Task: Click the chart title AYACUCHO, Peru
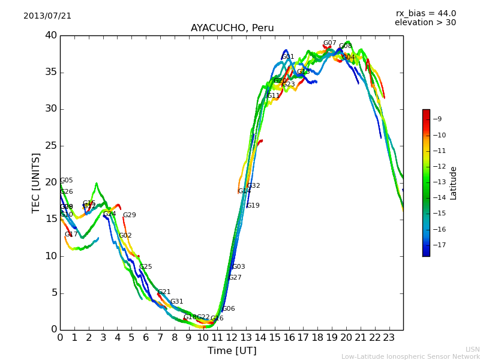pyautogui.click(x=232, y=28)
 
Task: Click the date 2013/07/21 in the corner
pyautogui.click(x=47, y=16)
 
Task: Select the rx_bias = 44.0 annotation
pyautogui.click(x=425, y=13)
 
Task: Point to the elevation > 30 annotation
pyautogui.click(x=425, y=23)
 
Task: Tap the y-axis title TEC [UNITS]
pyautogui.click(x=36, y=182)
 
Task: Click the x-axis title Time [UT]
pyautogui.click(x=232, y=350)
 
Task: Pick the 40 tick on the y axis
pyautogui.click(x=51, y=35)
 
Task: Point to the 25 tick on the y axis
pyautogui.click(x=51, y=146)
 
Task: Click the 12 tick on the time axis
pyautogui.click(x=232, y=337)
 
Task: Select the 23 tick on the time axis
pyautogui.click(x=389, y=337)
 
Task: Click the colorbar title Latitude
pyautogui.click(x=454, y=183)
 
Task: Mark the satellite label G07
pyautogui.click(x=329, y=43)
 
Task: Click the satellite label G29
pyautogui.click(x=129, y=215)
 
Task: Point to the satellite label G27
pyautogui.click(x=235, y=278)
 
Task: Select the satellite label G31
pyautogui.click(x=176, y=302)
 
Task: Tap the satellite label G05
pyautogui.click(x=66, y=181)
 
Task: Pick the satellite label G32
pyautogui.click(x=253, y=186)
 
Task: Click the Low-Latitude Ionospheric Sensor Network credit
pyautogui.click(x=410, y=357)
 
